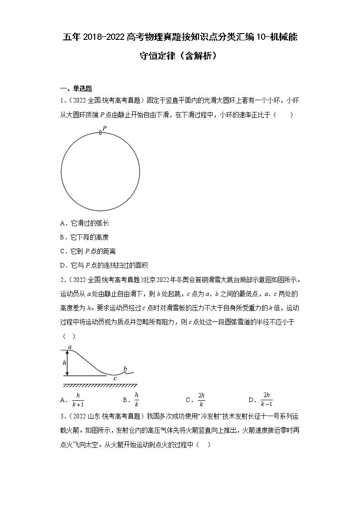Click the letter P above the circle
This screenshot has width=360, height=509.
pyautogui.click(x=104, y=128)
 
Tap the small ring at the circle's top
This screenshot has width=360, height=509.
pyautogui.click(x=100, y=133)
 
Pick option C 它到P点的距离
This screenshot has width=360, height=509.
pyautogui.click(x=88, y=251)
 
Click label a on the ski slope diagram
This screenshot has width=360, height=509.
pyautogui.click(x=70, y=347)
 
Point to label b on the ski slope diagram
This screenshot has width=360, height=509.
pyautogui.click(x=125, y=368)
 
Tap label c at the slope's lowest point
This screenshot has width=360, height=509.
pyautogui.click(x=115, y=378)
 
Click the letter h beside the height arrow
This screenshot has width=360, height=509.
pyautogui.click(x=64, y=363)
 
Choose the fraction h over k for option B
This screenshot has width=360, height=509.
pyautogui.click(x=136, y=399)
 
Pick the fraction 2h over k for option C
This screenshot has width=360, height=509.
pyautogui.click(x=201, y=399)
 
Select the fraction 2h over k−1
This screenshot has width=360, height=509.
pyautogui.click(x=267, y=399)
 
